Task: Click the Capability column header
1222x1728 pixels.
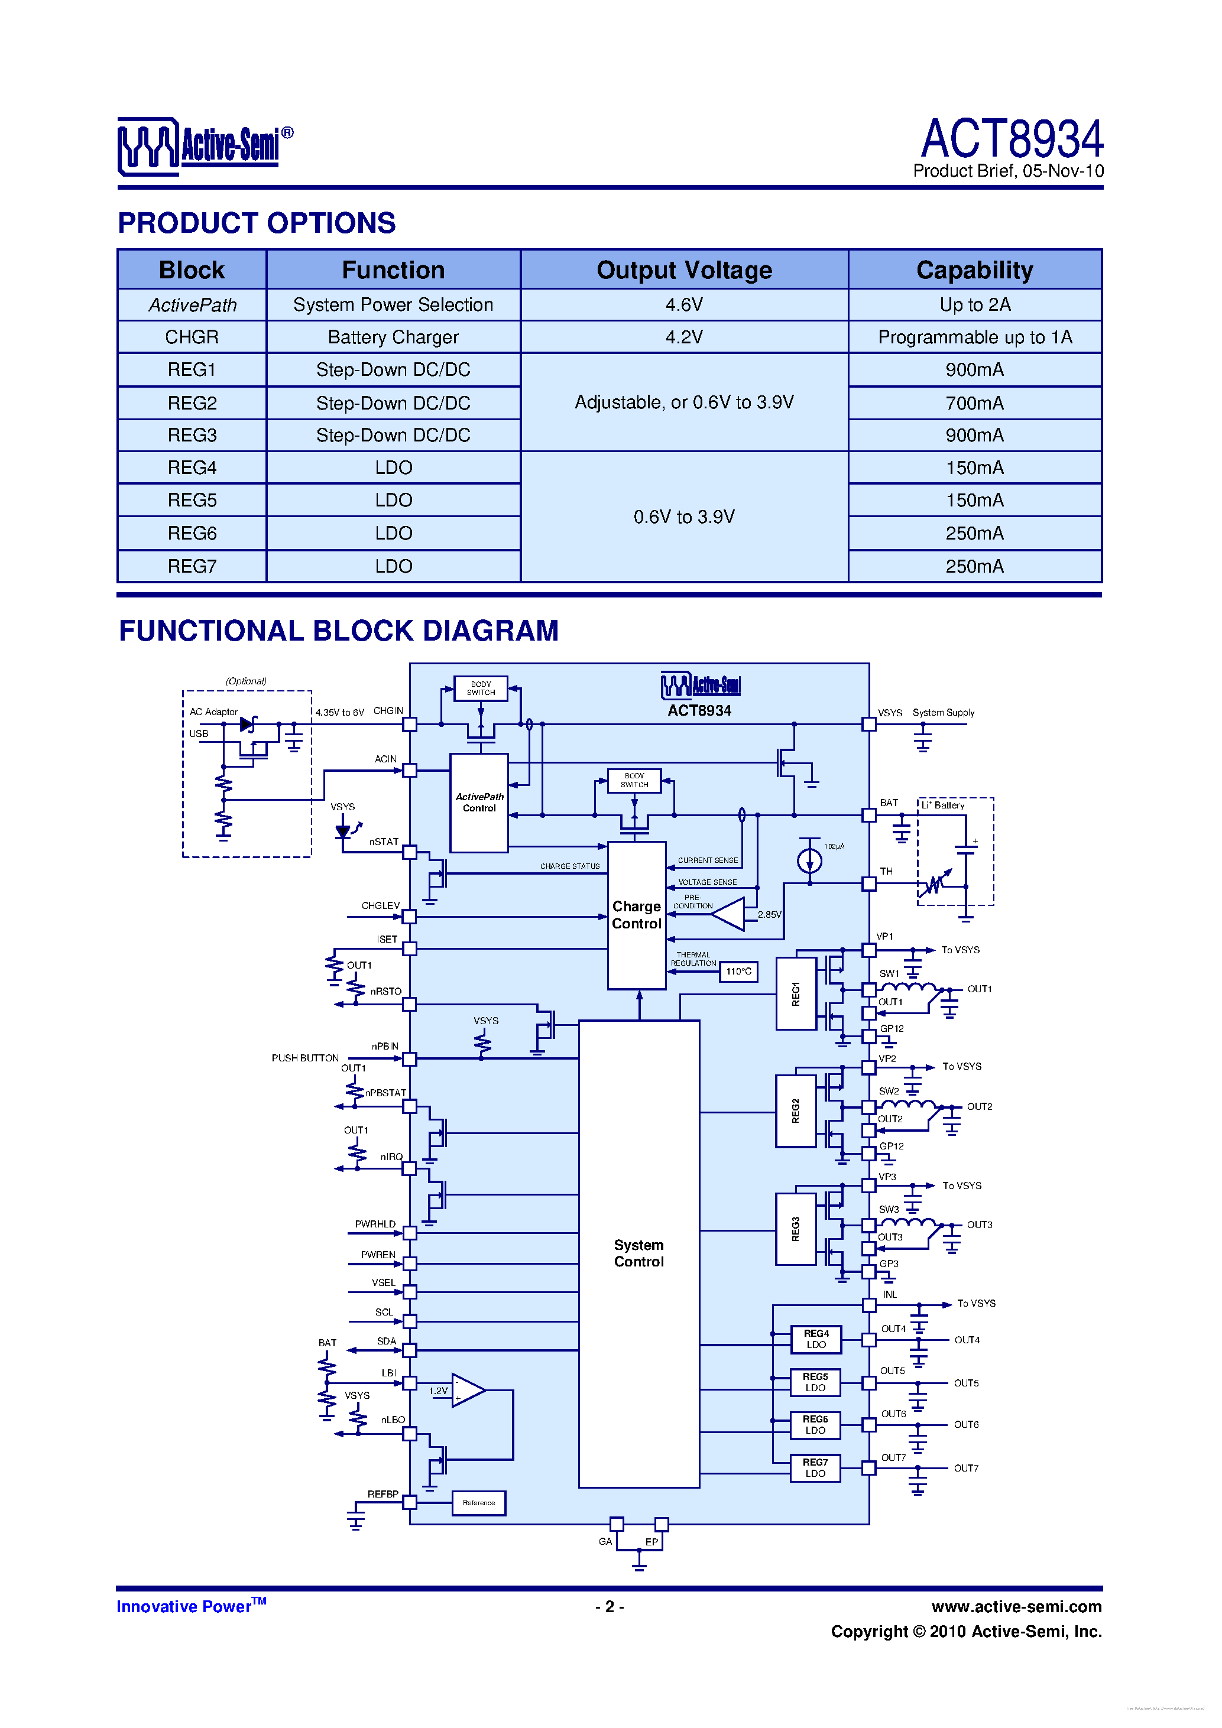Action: [x=974, y=270]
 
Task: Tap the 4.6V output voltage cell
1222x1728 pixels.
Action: [x=683, y=305]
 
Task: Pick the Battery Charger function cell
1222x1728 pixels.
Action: [x=393, y=337]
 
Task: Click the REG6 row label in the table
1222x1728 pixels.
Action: [x=192, y=534]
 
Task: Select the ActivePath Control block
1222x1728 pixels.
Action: [x=479, y=803]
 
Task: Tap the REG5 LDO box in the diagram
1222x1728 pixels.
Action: [x=815, y=1382]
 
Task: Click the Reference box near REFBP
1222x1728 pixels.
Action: [x=479, y=1503]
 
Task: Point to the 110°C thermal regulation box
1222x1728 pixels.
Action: [x=738, y=972]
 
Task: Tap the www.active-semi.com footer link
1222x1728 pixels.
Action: [x=1016, y=1607]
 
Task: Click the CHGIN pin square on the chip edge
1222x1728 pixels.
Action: [x=410, y=725]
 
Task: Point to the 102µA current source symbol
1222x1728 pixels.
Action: [x=809, y=859]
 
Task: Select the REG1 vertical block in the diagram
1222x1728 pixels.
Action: [x=796, y=993]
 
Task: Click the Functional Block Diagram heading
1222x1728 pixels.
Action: [x=339, y=631]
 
